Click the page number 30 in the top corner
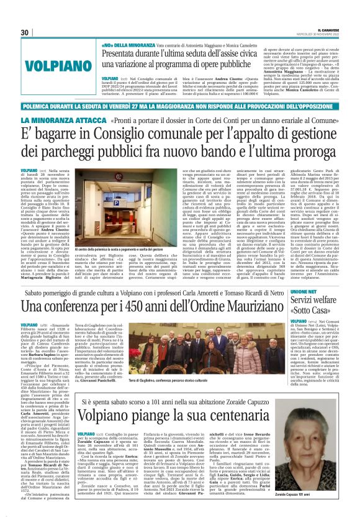click(25, 32)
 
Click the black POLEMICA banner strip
click(180, 106)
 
